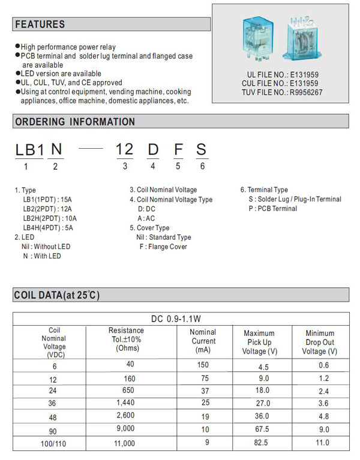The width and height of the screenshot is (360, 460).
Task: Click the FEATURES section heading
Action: (x=40, y=25)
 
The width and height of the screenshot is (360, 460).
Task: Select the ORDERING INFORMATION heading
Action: (x=75, y=122)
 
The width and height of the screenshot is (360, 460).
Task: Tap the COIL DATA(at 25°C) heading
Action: (x=57, y=295)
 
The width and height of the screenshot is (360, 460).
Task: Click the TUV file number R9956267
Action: (x=282, y=92)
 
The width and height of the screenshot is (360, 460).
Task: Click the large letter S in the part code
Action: (x=202, y=150)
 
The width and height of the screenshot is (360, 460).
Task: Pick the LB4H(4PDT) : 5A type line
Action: (x=50, y=227)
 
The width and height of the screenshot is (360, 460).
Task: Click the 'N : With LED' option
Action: (x=42, y=256)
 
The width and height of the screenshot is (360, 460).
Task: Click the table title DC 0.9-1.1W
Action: (x=180, y=318)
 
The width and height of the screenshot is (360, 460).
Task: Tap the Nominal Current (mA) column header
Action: (x=203, y=341)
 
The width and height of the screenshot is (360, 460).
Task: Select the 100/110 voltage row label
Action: (x=54, y=444)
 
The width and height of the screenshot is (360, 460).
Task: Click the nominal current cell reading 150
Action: (x=203, y=365)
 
